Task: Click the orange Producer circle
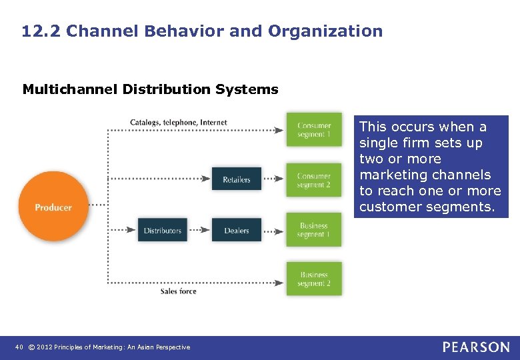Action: point(53,207)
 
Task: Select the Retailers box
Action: point(236,179)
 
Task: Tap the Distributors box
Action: point(162,231)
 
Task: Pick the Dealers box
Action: point(236,231)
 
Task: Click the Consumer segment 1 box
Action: point(313,129)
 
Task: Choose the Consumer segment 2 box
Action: point(313,180)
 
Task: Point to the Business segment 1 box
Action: point(313,230)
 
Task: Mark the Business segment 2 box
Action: point(313,279)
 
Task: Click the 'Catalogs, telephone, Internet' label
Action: point(178,122)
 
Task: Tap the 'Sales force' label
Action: point(178,291)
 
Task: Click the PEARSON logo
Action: point(475,347)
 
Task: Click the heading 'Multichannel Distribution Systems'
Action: point(150,89)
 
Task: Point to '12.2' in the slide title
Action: point(41,31)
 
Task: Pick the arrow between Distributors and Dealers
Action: point(200,231)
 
